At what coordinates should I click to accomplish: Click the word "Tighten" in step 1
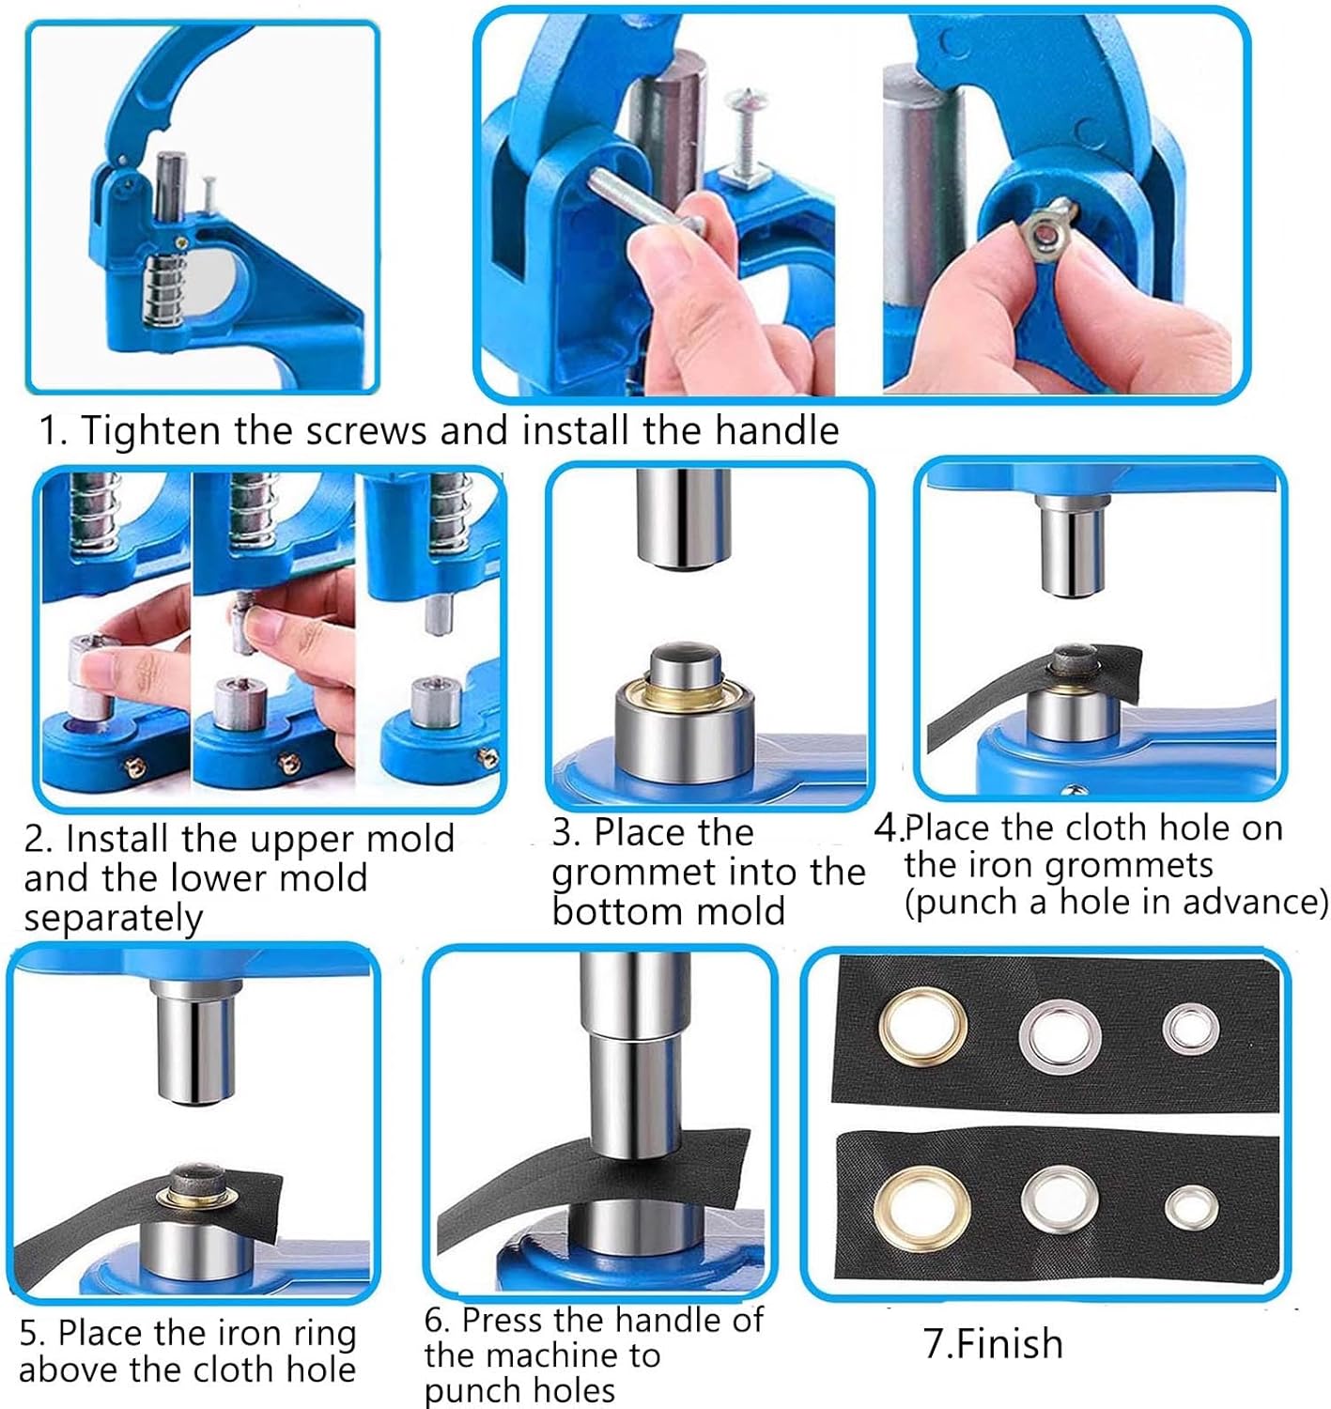(149, 430)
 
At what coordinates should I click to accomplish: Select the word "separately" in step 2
(114, 918)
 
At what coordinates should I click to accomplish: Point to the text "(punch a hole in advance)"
(1116, 903)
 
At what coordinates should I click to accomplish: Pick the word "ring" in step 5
(320, 1335)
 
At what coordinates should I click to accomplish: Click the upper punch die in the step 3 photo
(683, 519)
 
